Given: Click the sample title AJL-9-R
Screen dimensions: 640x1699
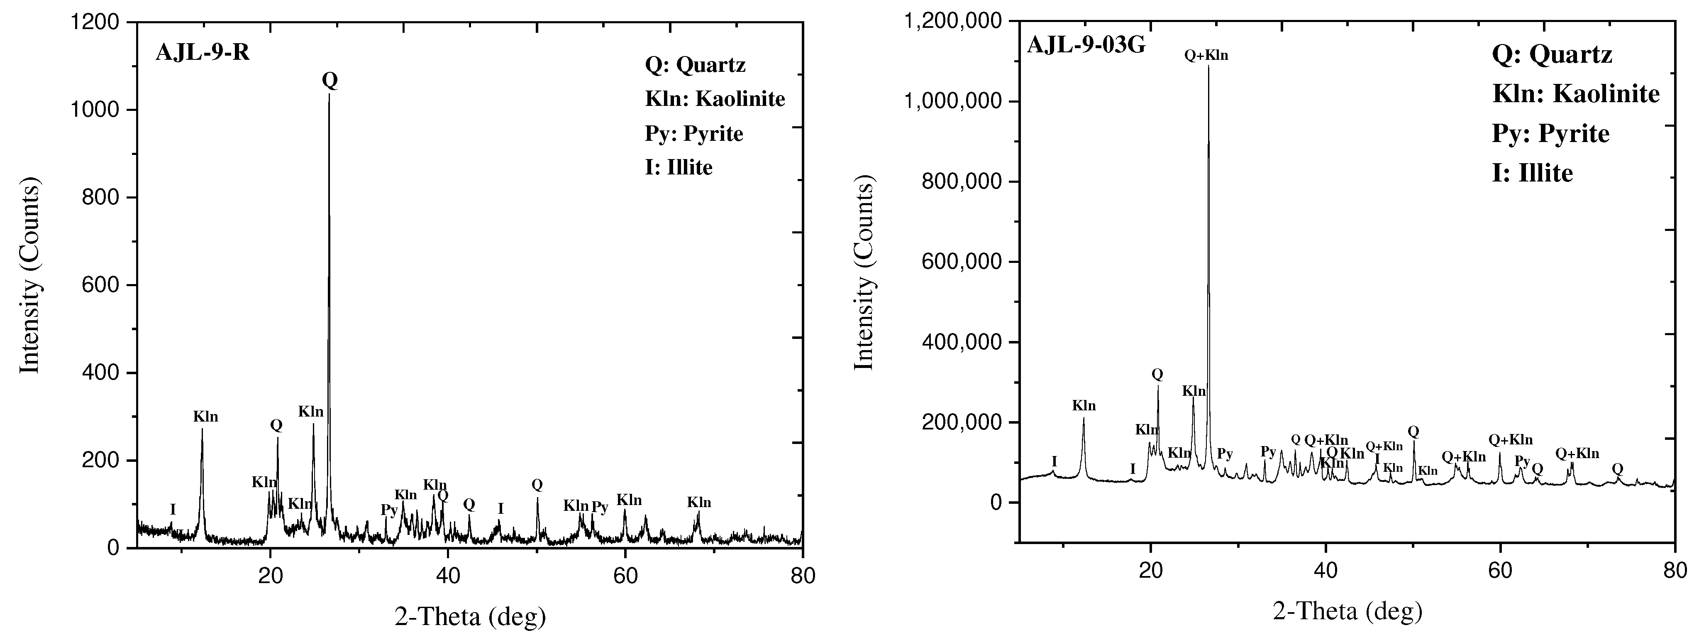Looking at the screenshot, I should (x=203, y=52).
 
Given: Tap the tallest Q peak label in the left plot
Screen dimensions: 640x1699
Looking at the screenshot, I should (x=330, y=81).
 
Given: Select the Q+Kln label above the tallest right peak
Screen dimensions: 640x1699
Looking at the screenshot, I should (x=1206, y=56).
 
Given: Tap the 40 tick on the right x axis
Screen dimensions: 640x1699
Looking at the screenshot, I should (x=1326, y=570).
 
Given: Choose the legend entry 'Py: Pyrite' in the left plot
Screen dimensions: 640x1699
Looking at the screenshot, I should (x=694, y=134).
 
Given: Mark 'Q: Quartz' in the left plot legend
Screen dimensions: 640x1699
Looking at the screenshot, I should (x=695, y=65).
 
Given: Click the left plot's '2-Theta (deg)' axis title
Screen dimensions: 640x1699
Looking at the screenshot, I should (x=470, y=616).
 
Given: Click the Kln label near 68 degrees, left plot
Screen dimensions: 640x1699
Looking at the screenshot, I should (x=699, y=503).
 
